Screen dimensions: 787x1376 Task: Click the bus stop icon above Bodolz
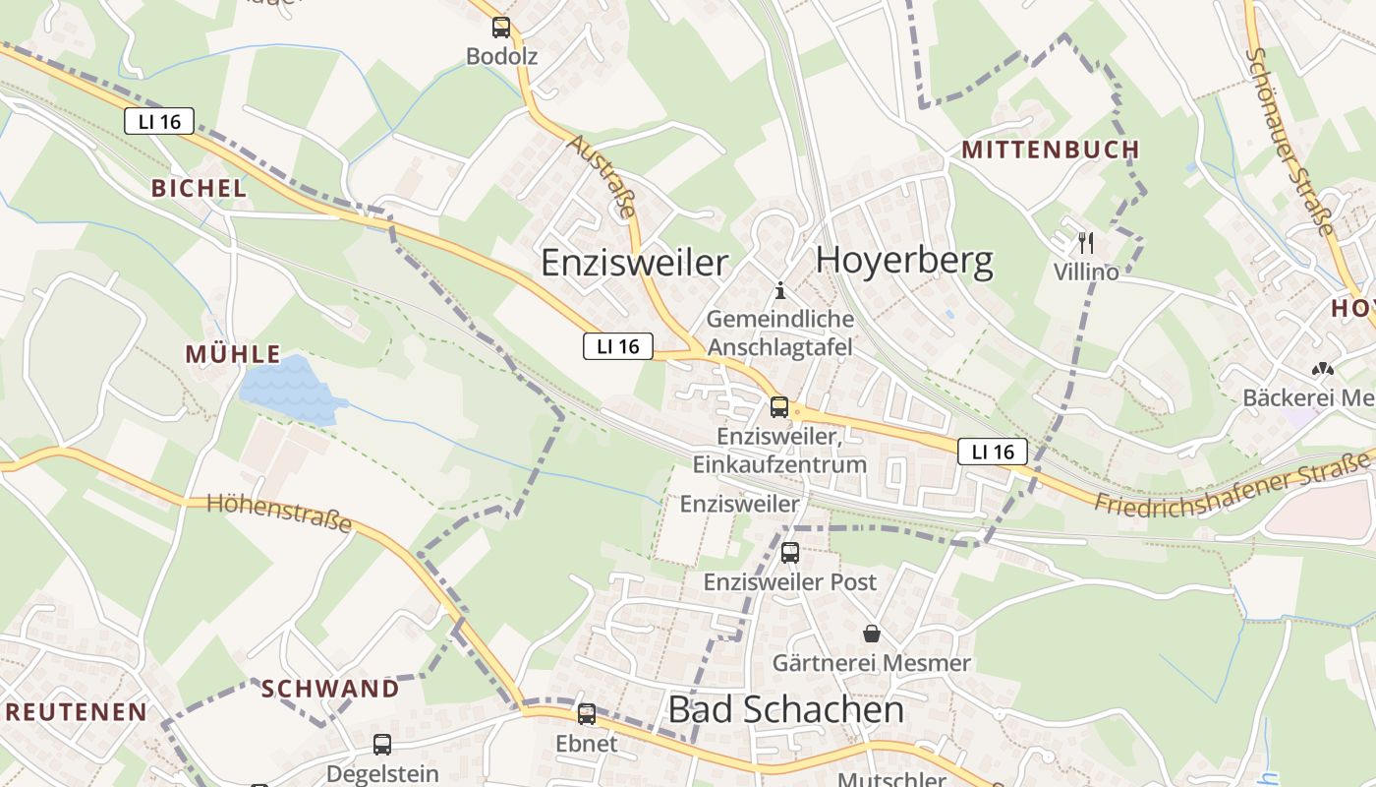point(501,28)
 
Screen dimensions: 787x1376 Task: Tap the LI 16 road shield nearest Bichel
point(159,122)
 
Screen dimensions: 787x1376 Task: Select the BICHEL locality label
point(199,188)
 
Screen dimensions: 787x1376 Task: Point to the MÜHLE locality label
point(233,354)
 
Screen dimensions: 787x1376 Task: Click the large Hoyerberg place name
point(904,261)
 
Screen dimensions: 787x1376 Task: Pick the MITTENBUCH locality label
point(1050,150)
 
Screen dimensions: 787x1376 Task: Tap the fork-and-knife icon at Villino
point(1086,242)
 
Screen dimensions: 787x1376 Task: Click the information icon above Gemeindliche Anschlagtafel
point(780,290)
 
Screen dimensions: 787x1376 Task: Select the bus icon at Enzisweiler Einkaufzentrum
point(779,406)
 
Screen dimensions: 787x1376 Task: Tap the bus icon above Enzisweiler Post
point(790,553)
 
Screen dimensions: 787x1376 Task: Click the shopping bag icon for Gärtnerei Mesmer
point(871,633)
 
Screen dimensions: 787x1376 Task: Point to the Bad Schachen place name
point(785,709)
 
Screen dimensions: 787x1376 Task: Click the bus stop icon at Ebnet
point(587,714)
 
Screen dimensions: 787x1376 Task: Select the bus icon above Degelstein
point(382,745)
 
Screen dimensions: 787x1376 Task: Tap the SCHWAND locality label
point(330,689)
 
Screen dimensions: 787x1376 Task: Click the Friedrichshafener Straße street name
point(1233,484)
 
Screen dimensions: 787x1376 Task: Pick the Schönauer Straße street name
point(1289,142)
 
